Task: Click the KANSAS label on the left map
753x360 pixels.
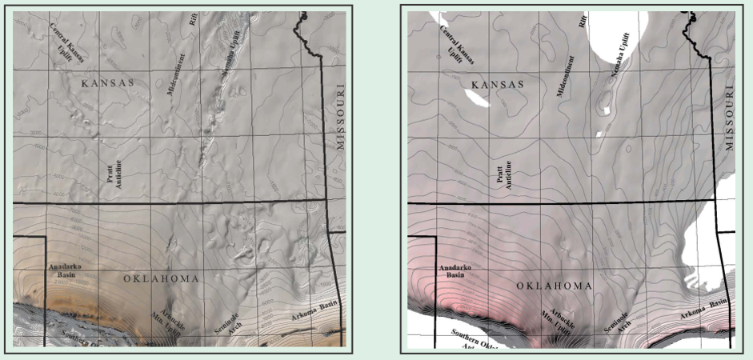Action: pos(107,82)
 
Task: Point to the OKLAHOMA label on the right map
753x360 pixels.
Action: pos(554,286)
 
